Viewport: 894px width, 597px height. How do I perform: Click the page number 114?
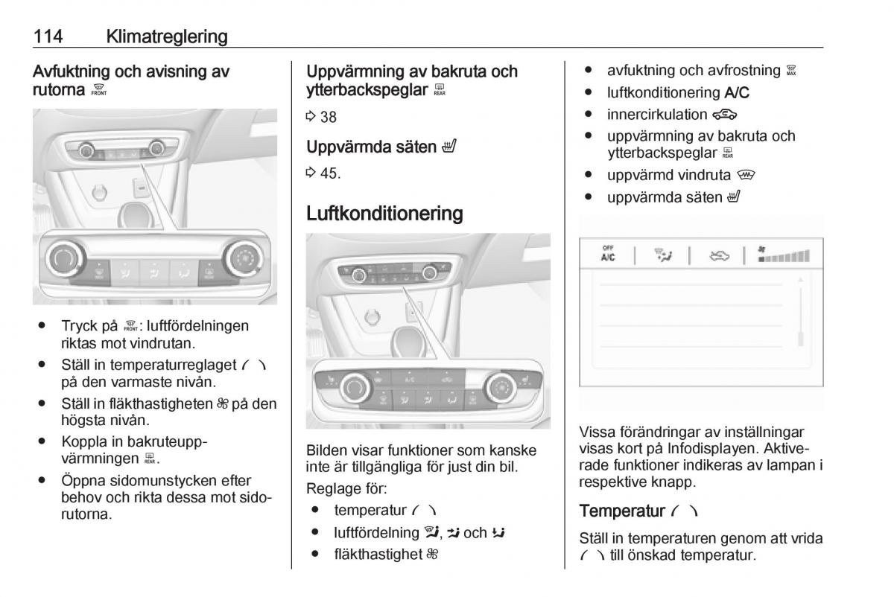[x=48, y=36]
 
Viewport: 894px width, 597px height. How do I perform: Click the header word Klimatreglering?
[x=167, y=36]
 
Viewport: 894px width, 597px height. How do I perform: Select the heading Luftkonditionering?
[x=384, y=214]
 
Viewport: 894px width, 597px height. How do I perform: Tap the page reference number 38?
[x=329, y=117]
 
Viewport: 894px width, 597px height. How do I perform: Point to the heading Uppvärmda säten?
[x=371, y=147]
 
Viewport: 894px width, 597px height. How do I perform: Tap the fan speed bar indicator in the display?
[x=783, y=255]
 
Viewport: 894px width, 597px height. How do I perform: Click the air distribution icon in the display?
[x=662, y=255]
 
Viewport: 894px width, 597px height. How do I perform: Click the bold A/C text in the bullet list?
[x=738, y=93]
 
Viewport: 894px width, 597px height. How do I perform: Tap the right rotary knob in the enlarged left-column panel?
[x=243, y=258]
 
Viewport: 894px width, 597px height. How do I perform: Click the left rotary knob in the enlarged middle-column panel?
[x=354, y=388]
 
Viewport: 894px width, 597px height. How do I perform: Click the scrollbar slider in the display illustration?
[x=801, y=339]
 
